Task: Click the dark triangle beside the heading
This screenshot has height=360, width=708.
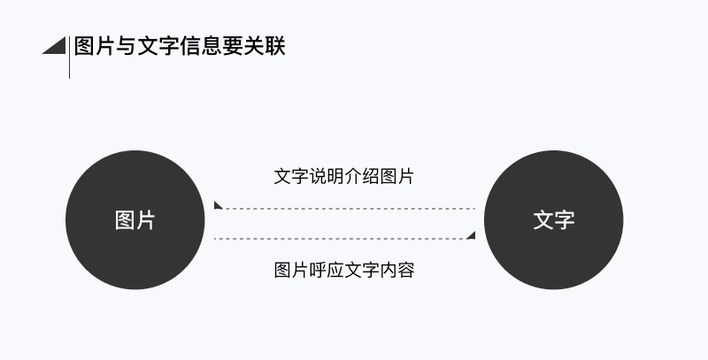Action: tap(58, 46)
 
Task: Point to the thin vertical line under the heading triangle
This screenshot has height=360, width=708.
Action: tap(69, 66)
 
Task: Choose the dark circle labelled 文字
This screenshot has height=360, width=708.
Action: tap(554, 257)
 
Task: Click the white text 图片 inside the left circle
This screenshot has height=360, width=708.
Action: tap(135, 220)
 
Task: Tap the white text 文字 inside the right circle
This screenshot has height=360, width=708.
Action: tap(554, 220)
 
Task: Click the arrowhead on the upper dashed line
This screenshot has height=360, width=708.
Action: tap(218, 206)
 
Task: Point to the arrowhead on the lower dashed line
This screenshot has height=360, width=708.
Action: tap(471, 235)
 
